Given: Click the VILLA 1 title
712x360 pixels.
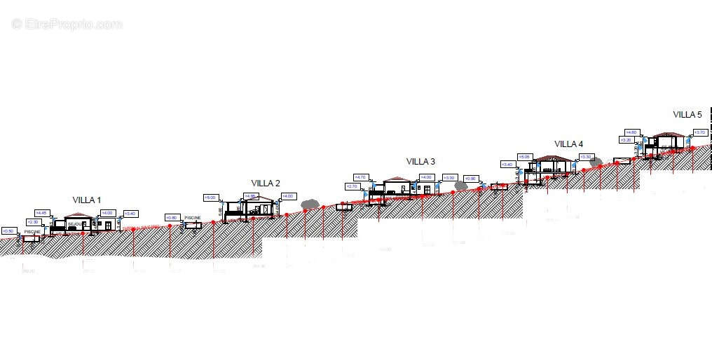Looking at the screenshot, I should coord(87,200).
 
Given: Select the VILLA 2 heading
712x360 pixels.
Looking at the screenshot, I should coord(266,184).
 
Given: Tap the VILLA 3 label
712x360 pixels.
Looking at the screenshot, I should coord(420,162).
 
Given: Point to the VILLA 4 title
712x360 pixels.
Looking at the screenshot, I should coord(568,144).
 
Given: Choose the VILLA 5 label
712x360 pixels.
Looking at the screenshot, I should coord(687,115).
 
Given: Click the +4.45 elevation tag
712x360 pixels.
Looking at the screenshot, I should coord(41,213).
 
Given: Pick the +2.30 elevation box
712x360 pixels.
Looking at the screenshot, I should coord(33,222).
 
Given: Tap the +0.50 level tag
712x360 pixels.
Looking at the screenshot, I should coord(8,230).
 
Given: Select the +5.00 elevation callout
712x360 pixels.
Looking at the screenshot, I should coord(210,198).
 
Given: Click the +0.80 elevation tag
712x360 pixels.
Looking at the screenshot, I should coord(172,217).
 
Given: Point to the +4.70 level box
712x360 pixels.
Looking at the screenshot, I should coord(360,177).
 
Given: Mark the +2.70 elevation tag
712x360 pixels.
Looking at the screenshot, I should coord(352,186).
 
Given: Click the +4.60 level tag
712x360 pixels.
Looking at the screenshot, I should coord(631,132).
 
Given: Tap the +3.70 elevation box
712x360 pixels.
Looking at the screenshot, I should coord(699,132).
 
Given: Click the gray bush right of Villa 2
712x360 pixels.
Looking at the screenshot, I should coord(308,203).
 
